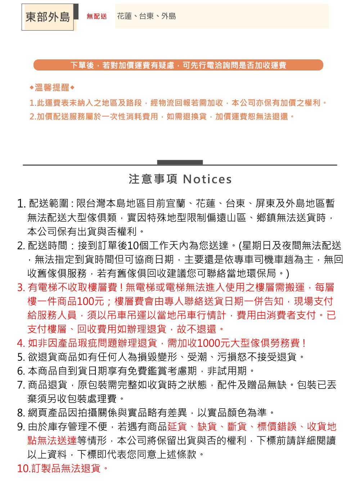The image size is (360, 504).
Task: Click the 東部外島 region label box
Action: tap(48, 17)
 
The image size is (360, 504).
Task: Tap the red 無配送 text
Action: tap(96, 16)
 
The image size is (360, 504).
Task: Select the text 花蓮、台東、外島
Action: tap(147, 16)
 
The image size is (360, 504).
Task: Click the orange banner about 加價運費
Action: tap(178, 65)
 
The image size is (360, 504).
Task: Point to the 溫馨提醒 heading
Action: tap(52, 87)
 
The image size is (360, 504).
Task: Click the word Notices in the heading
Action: tap(207, 179)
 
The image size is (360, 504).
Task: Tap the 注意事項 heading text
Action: tap(153, 179)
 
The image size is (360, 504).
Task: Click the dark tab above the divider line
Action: tap(180, 162)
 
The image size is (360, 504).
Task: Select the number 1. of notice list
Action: tap(21, 204)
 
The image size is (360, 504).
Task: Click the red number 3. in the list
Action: tap(21, 287)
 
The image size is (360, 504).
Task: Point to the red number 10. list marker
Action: tap(23, 468)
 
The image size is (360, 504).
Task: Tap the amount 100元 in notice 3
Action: tap(90, 301)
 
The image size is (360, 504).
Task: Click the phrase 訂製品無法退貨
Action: tap(66, 468)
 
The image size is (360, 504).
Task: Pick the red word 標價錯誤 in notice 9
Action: tap(277, 427)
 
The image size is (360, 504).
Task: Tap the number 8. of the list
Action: tap(21, 413)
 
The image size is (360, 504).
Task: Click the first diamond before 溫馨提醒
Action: tap(32, 87)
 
